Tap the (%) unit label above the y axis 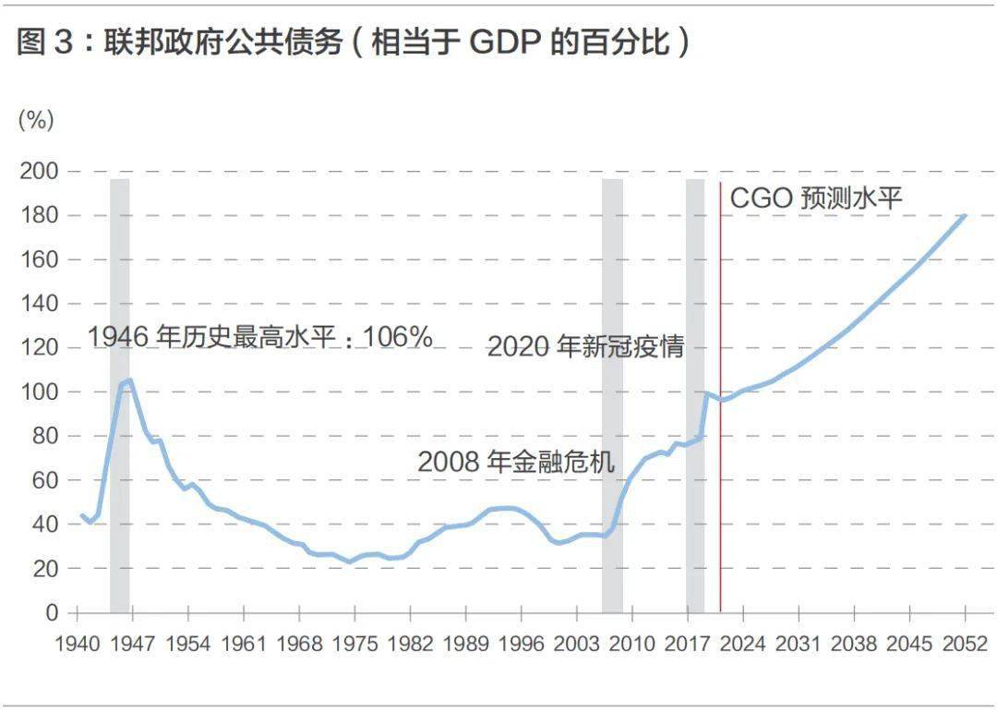pyautogui.click(x=36, y=119)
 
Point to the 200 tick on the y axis pyautogui.click(x=38, y=172)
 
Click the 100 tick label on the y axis pyautogui.click(x=38, y=392)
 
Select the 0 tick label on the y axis pyautogui.click(x=52, y=613)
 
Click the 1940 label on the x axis pyautogui.click(x=77, y=644)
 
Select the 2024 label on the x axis pyautogui.click(x=742, y=644)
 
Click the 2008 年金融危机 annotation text pyautogui.click(x=516, y=461)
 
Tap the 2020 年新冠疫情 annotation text pyautogui.click(x=585, y=346)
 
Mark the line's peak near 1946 pyautogui.click(x=129, y=380)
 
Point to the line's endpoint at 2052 pyautogui.click(x=965, y=215)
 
